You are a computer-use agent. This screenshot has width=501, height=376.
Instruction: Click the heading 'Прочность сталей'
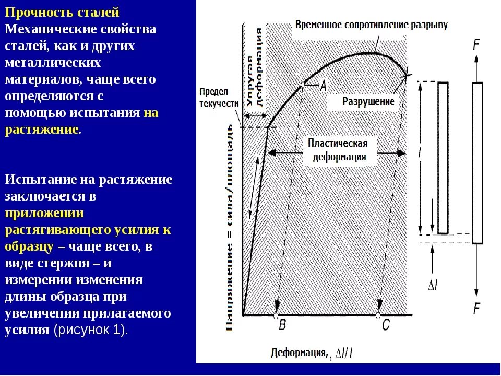point(63,11)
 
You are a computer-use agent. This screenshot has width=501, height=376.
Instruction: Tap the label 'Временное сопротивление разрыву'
point(372,25)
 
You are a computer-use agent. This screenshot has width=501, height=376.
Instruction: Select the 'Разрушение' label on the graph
point(368,101)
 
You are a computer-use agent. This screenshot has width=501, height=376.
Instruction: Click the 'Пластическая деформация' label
point(338,150)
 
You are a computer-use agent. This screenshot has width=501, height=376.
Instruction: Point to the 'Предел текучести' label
point(219,97)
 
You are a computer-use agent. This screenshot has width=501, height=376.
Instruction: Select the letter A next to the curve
point(323,85)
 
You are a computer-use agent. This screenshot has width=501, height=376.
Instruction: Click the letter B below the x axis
point(282,325)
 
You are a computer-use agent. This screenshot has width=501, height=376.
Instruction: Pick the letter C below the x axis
point(386,325)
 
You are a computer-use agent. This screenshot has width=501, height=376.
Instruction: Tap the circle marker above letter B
point(276,315)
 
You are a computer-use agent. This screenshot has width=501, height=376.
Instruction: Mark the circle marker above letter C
point(378,315)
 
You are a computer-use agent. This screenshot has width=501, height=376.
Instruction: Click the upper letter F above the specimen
point(476,45)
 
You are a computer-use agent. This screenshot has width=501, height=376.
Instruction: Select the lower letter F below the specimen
point(476,309)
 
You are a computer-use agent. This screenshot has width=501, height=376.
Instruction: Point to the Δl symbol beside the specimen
point(433,285)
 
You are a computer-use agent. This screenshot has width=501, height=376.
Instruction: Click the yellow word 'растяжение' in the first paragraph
point(42,130)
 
